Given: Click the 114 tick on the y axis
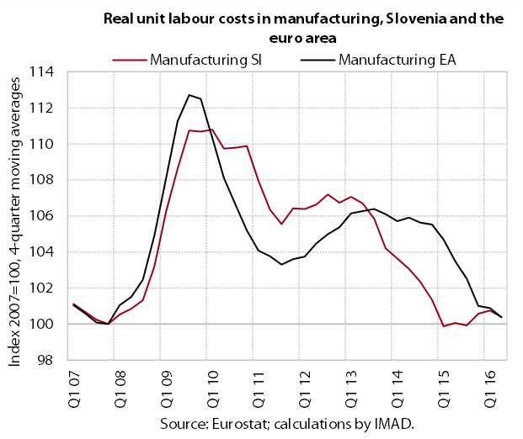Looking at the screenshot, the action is pos(41,72).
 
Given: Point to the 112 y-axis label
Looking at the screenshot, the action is pos(41,108).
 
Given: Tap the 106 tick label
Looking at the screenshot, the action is pos(41,216).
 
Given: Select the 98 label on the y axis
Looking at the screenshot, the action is pos(45,360).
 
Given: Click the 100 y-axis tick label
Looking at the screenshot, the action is pos(41,324).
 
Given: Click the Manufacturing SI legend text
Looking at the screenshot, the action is pos(205,61).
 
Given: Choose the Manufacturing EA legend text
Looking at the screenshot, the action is pos(398,61).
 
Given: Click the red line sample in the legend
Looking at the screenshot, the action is pos(130,61).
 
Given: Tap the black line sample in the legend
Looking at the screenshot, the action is pos(318,61).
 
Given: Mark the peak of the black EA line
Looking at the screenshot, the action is pos(189,95).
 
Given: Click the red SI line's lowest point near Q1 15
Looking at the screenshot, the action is pos(444,326).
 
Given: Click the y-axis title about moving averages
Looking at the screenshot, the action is pos(14,221).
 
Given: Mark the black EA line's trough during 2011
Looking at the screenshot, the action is pos(281,264).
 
